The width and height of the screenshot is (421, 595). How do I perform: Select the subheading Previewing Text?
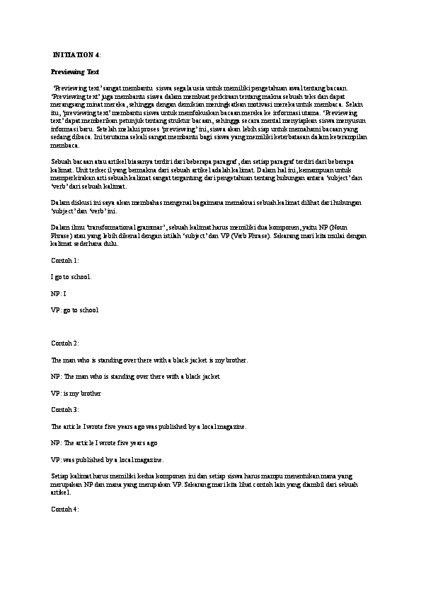click(75, 71)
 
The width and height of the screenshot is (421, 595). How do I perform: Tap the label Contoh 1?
click(64, 261)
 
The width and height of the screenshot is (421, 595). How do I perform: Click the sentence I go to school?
click(71, 277)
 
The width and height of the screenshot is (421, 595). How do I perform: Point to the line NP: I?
click(58, 293)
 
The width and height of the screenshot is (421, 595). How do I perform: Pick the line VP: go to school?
click(74, 310)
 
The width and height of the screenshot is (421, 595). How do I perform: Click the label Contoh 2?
click(64, 343)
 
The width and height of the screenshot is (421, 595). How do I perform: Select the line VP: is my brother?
click(75, 393)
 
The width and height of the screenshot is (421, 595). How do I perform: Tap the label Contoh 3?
click(64, 409)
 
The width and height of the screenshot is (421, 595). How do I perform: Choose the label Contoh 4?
click(64, 509)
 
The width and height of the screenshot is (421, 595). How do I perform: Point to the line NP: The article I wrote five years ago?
click(104, 443)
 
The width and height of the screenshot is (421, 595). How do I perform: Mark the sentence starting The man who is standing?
click(149, 360)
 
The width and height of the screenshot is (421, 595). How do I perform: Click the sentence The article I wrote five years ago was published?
click(149, 427)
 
